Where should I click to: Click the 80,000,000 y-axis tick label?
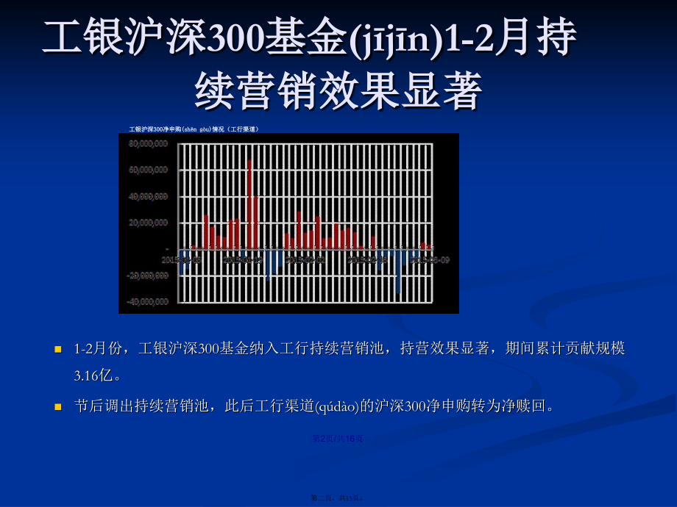pos(148,144)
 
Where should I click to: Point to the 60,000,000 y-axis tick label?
pos(148,170)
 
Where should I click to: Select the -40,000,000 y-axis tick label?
pos(147,302)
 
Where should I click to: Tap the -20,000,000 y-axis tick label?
pos(147,276)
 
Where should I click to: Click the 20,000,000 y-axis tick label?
pos(148,223)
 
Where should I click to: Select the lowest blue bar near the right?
pos(399,272)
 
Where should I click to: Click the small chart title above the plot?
pos(194,129)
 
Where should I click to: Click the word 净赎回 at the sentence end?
pos(524,406)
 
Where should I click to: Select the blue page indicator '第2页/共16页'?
pos(337,439)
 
